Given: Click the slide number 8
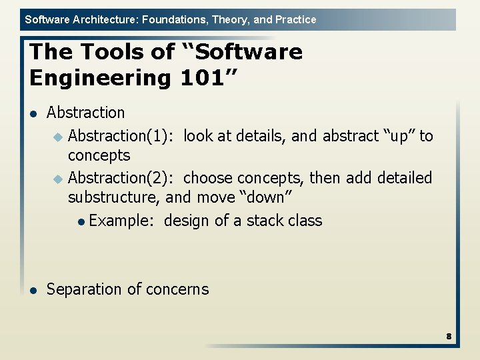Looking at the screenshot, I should tap(449, 337).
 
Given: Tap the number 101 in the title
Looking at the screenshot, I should tap(203, 78).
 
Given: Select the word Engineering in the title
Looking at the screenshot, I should tap(100, 78).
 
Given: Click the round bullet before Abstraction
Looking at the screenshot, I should tap(32, 114).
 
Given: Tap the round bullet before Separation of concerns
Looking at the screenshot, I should tap(32, 290).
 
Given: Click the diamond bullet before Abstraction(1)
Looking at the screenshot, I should tap(57, 137).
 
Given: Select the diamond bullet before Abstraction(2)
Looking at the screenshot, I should tap(57, 179).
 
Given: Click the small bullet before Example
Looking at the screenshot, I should tap(81, 222).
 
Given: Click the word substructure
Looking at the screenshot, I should tap(113, 198).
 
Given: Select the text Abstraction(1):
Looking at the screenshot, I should tap(122, 136).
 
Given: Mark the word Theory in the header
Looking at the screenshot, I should tap(229, 19).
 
